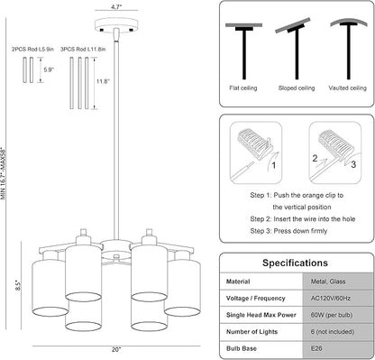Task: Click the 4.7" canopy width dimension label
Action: click(x=117, y=6)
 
